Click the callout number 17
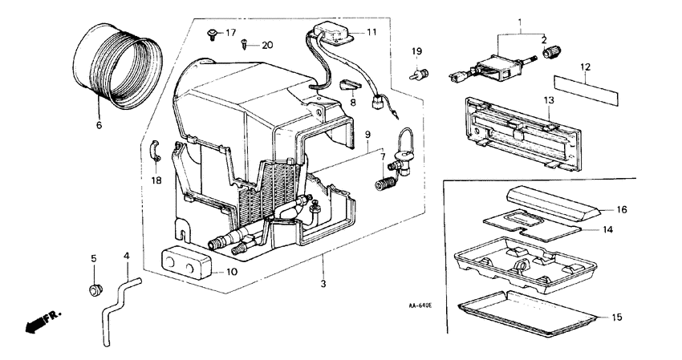[230, 33]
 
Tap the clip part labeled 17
[213, 34]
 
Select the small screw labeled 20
[244, 43]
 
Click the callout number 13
[549, 100]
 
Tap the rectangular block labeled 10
[187, 263]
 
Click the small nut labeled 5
[95, 289]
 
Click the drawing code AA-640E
[420, 305]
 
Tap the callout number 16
[622, 210]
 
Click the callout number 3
[323, 284]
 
